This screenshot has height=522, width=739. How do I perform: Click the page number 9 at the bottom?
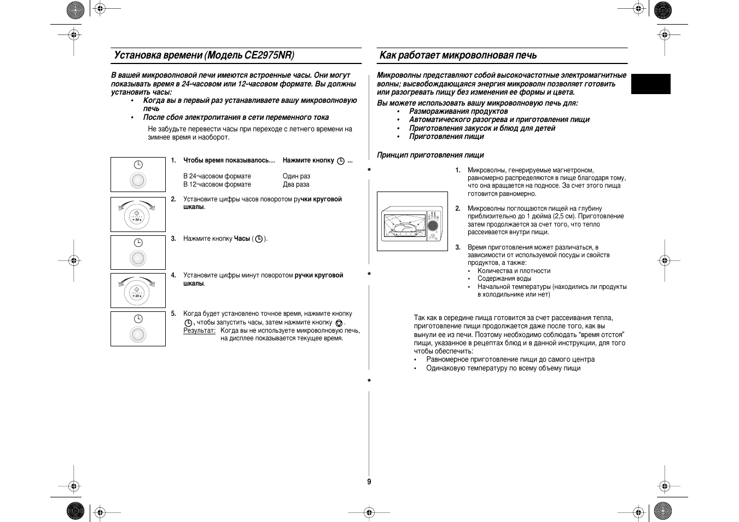click(369, 482)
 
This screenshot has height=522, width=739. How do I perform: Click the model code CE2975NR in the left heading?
click(269, 55)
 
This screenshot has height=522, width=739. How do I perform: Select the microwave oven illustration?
click(412, 222)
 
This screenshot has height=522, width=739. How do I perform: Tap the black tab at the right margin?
click(650, 84)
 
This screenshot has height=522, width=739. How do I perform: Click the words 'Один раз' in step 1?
click(296, 176)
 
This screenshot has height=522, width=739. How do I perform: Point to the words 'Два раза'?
click(296, 184)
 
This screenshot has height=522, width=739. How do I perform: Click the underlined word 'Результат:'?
click(199, 330)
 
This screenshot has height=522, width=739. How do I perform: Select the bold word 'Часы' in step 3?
click(242, 239)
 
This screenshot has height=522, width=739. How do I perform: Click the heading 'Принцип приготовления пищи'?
click(430, 155)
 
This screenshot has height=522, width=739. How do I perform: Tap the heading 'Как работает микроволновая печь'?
click(458, 55)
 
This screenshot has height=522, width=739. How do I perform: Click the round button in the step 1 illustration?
click(138, 180)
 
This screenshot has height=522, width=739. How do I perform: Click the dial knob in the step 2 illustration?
click(137, 217)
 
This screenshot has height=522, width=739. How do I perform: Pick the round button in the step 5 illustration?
click(138, 334)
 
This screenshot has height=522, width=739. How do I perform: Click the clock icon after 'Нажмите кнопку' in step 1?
click(341, 161)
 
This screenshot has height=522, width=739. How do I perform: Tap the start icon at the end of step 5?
click(339, 323)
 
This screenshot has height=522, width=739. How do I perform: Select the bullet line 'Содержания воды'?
click(504, 279)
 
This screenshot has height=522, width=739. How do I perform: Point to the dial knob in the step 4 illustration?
click(137, 293)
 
